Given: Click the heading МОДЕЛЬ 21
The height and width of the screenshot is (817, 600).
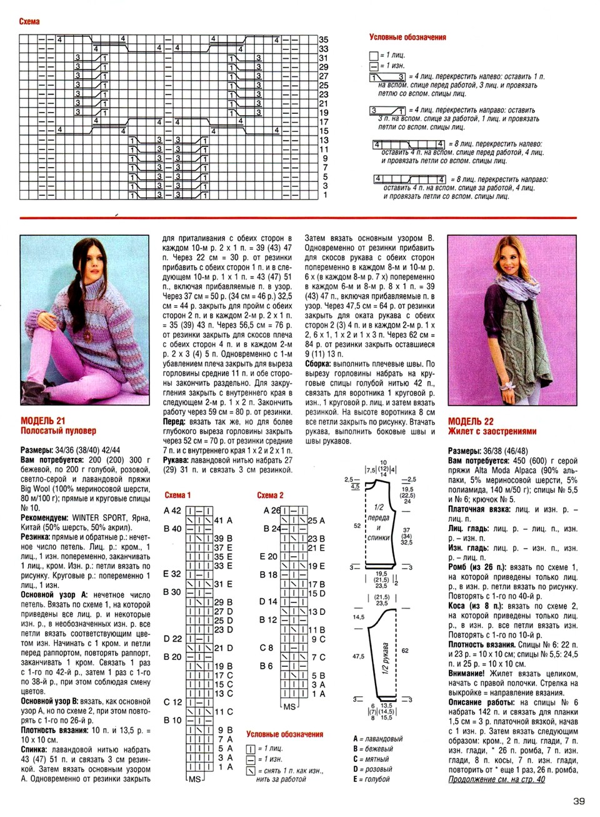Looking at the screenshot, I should [x=42, y=421].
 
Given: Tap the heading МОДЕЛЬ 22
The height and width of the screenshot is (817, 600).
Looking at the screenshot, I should [x=471, y=422].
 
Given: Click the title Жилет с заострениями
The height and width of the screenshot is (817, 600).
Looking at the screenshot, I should [x=492, y=431].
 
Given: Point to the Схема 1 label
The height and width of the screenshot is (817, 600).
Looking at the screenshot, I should [x=177, y=495].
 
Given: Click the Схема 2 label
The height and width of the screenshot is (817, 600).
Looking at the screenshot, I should [x=270, y=495].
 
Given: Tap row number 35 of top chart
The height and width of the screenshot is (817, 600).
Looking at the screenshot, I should [x=324, y=39].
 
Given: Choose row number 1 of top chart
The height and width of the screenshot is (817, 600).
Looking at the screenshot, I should [x=325, y=195].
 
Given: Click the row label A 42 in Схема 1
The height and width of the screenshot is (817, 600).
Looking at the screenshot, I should [x=172, y=510].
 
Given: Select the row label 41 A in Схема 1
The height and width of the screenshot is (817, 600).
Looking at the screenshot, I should [x=223, y=520].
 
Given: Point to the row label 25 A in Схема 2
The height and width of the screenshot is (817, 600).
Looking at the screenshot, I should [x=316, y=520].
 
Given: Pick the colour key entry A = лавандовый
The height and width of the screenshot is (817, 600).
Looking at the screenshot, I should [x=378, y=739].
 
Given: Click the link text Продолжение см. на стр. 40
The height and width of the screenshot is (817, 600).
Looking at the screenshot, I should [x=497, y=779].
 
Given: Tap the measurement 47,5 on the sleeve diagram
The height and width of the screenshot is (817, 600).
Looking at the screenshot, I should [x=358, y=657].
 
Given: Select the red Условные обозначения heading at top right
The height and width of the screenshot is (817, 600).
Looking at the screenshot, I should [x=407, y=37].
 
